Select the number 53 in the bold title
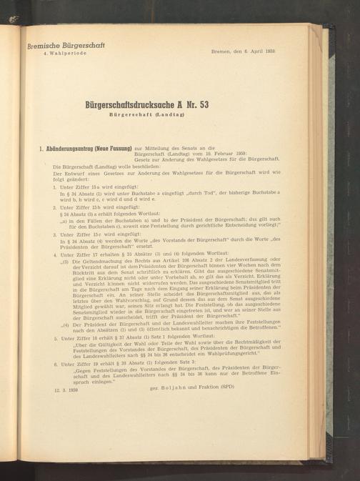(226, 104)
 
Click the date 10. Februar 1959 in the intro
(224, 154)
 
